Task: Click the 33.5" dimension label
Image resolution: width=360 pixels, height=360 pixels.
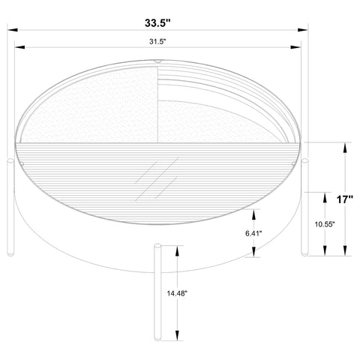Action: (157, 23)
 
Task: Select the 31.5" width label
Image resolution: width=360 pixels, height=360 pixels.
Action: (158, 41)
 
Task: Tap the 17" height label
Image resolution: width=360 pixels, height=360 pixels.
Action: (345, 199)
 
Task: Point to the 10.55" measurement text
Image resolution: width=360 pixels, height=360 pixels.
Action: (325, 224)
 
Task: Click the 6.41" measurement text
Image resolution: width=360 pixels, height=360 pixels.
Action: (253, 233)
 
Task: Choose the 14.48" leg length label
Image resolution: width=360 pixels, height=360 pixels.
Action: (177, 293)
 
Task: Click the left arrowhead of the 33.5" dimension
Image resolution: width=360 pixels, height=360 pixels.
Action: (13, 30)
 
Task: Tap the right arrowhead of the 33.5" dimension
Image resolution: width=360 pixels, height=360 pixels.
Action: (303, 30)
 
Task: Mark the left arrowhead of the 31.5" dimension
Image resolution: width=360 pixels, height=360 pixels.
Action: (19, 47)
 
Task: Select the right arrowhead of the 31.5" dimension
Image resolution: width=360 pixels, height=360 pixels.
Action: (295, 47)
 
